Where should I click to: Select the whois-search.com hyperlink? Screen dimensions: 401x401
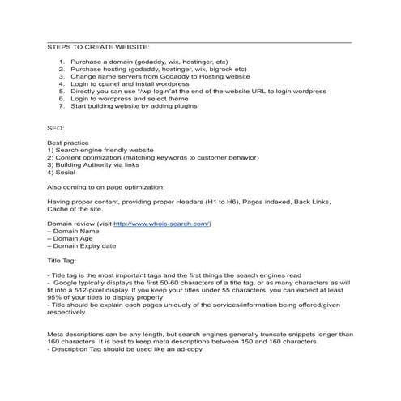pos(160,222)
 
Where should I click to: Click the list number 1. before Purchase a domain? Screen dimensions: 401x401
pos(62,62)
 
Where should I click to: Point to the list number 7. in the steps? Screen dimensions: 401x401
pos(62,106)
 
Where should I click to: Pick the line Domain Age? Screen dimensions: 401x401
pos(76,237)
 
